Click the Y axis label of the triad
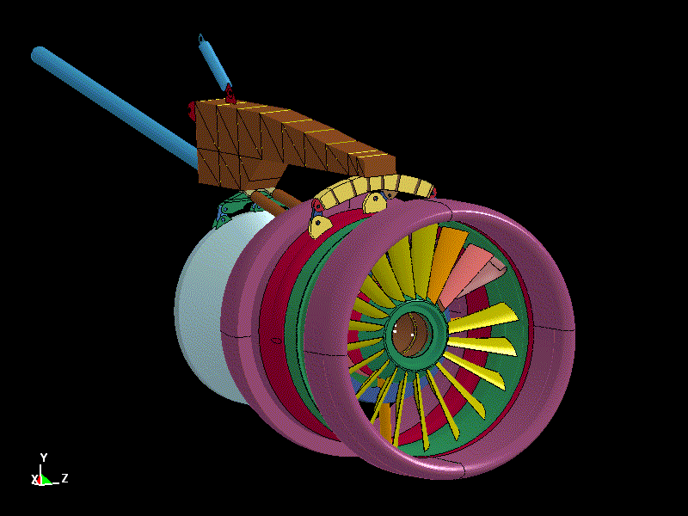tap(44, 458)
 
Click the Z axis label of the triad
tap(64, 478)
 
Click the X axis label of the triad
tap(34, 479)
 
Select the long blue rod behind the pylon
tap(114, 107)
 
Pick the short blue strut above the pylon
tap(214, 64)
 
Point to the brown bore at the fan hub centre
tap(412, 335)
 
